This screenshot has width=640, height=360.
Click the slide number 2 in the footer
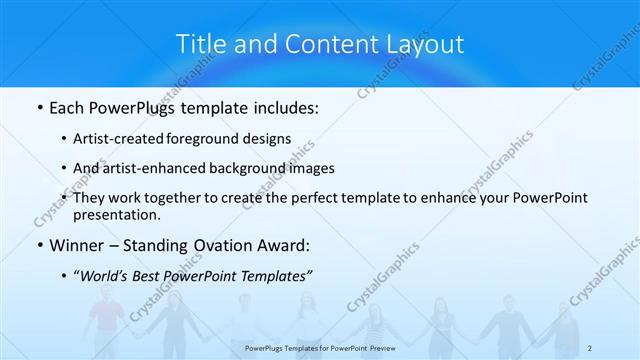[591, 347]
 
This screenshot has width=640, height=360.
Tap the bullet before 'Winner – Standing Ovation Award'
[38, 245]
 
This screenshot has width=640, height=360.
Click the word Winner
[78, 245]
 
